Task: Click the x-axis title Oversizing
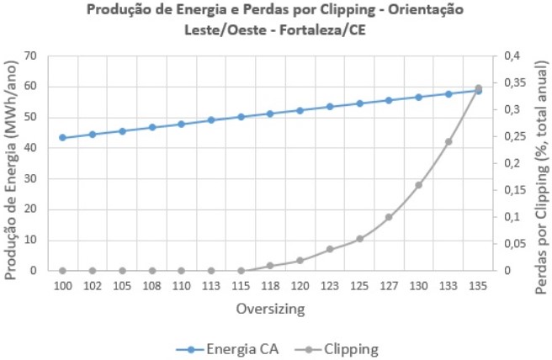pos(270,309)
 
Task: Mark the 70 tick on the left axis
pos(31,56)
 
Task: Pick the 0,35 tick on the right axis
pos(516,83)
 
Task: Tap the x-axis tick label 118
pos(270,287)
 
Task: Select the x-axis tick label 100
pos(63,287)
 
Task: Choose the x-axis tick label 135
pos(478,287)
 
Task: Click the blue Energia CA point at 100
pos(63,137)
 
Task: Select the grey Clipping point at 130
pos(418,185)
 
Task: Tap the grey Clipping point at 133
pos(448,141)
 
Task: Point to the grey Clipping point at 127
pos(389,217)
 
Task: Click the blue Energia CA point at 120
pos(300,110)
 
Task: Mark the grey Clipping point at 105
pos(122,271)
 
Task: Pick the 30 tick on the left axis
pos(31,179)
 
